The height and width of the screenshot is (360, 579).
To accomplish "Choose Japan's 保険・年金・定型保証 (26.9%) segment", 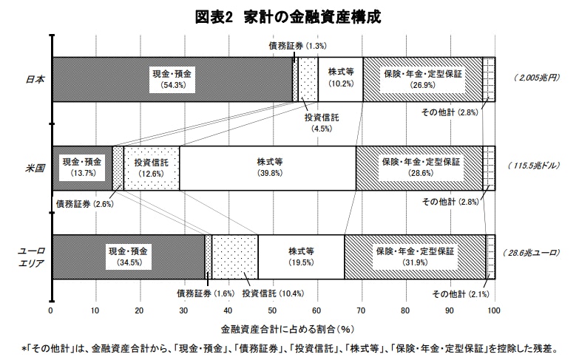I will tap(422, 79).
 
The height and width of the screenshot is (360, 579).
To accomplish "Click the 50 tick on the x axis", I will tap(272, 310).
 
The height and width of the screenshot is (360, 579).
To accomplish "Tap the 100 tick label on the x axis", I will tap(494, 310).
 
